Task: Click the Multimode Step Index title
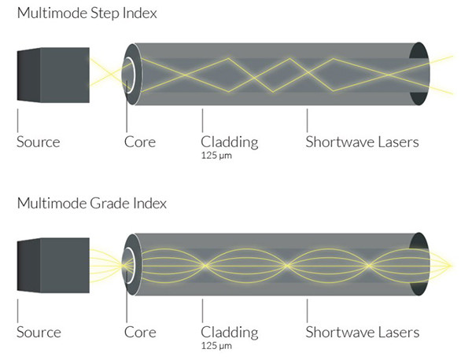point(87,13)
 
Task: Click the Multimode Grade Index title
point(92,204)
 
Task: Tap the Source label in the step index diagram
point(39,142)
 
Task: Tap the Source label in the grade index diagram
point(39,332)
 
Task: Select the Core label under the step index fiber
point(140,142)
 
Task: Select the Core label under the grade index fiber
point(140,332)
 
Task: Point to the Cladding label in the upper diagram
point(230,142)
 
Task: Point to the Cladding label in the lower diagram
point(230,332)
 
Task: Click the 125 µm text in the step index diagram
point(216,156)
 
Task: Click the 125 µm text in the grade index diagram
point(216,346)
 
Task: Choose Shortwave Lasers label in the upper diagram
point(362,142)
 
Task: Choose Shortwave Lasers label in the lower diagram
point(363,332)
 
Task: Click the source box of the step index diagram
point(53,75)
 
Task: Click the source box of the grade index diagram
point(53,266)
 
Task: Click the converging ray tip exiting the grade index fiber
point(451,266)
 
